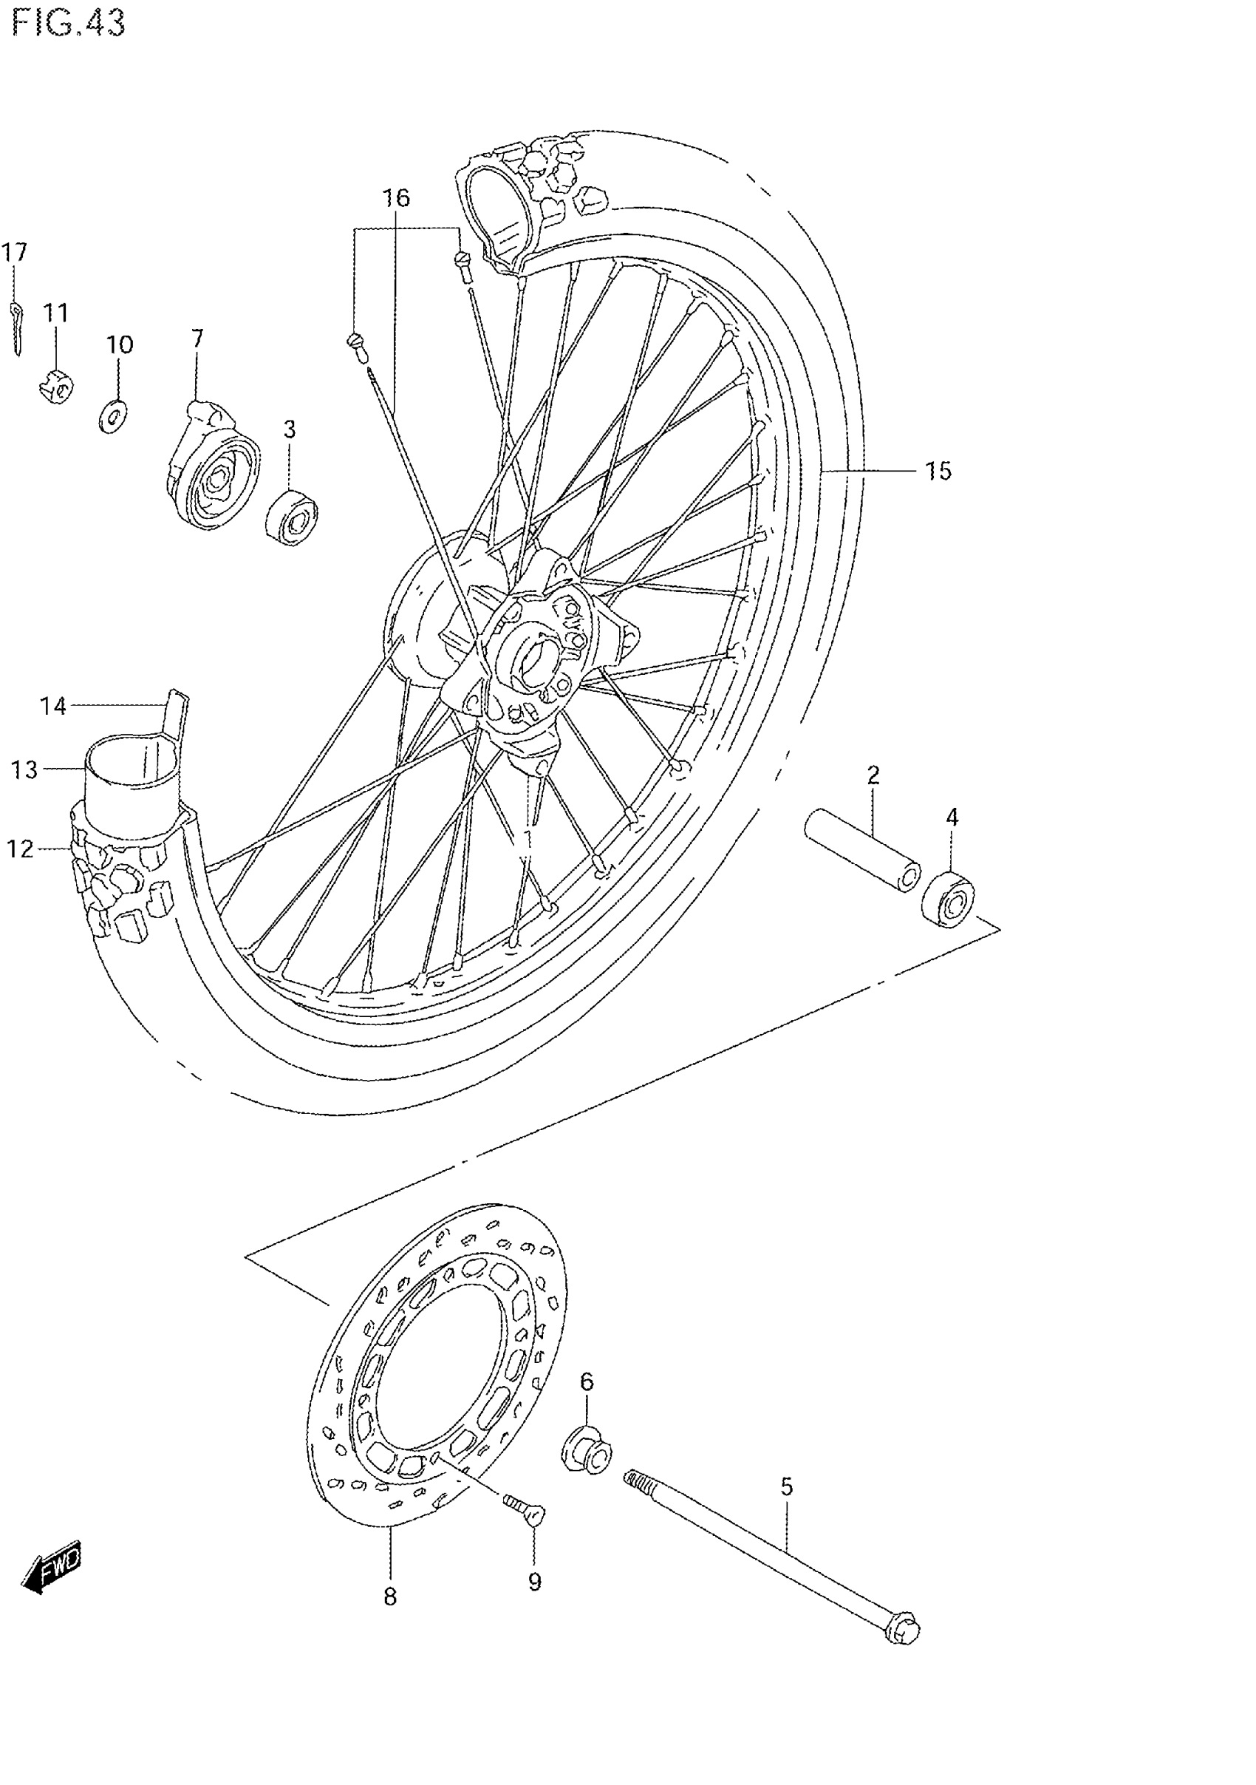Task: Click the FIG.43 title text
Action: [69, 24]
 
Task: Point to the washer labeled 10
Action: [115, 417]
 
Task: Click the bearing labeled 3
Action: [293, 516]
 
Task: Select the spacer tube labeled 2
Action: [861, 850]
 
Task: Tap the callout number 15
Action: [938, 471]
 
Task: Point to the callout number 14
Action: [53, 706]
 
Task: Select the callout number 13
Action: [24, 769]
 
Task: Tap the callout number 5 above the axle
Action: [787, 1487]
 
